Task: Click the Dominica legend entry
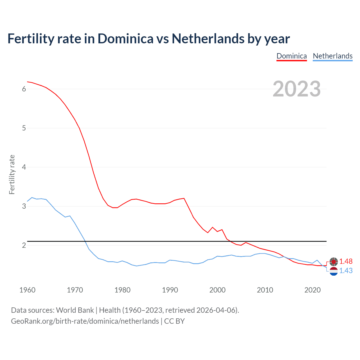tap(292, 56)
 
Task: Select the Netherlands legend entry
tap(332, 56)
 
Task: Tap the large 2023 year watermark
tap(297, 89)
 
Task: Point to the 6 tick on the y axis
tap(24, 89)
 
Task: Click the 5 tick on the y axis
tap(24, 128)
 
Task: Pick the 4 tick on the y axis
tap(24, 167)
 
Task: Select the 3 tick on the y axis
tap(24, 206)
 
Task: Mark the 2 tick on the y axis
tap(24, 246)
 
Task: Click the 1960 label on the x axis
tap(27, 290)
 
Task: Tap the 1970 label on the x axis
tap(75, 290)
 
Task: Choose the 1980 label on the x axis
tap(122, 290)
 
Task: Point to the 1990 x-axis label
tap(170, 290)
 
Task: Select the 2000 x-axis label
tap(217, 290)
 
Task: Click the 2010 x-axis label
tap(265, 290)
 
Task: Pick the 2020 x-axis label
tap(312, 290)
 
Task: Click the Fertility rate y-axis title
tap(12, 174)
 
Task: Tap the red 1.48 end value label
tap(346, 262)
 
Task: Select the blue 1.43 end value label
tap(346, 271)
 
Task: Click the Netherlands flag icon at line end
tap(334, 271)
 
